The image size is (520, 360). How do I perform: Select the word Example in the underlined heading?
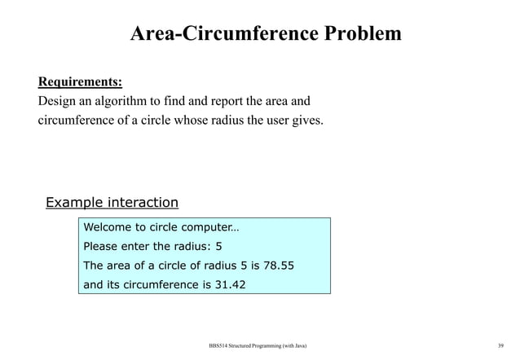[76, 203]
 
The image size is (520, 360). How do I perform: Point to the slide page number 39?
[500, 346]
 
